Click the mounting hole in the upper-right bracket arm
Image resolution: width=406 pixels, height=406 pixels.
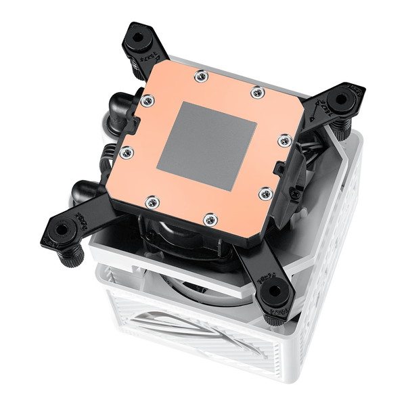tap(343, 99)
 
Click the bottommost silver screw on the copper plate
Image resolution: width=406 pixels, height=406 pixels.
tap(210, 219)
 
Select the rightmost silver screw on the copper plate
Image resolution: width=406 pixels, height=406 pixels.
tap(285, 140)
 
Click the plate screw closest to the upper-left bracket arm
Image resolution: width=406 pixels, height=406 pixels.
tap(149, 101)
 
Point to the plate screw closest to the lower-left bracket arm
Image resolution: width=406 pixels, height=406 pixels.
tap(153, 201)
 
